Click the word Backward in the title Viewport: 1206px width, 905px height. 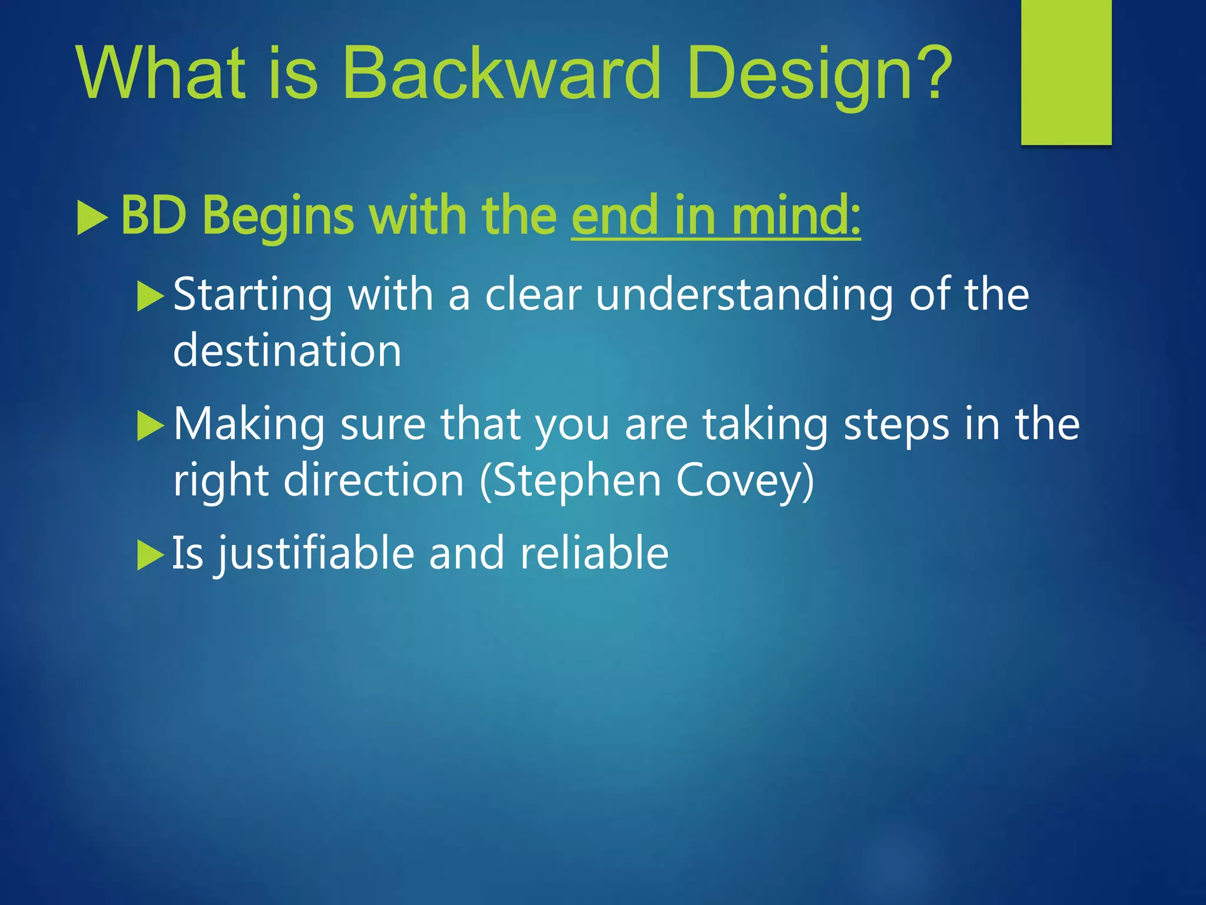[x=502, y=74]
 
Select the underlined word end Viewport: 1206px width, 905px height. [x=614, y=216]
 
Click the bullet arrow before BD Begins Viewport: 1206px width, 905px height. [x=92, y=217]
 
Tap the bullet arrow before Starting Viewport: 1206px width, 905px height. [x=150, y=296]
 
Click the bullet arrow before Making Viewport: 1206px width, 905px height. [x=150, y=425]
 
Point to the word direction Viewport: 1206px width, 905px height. [x=374, y=480]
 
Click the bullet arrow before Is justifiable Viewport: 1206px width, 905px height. [x=150, y=554]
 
